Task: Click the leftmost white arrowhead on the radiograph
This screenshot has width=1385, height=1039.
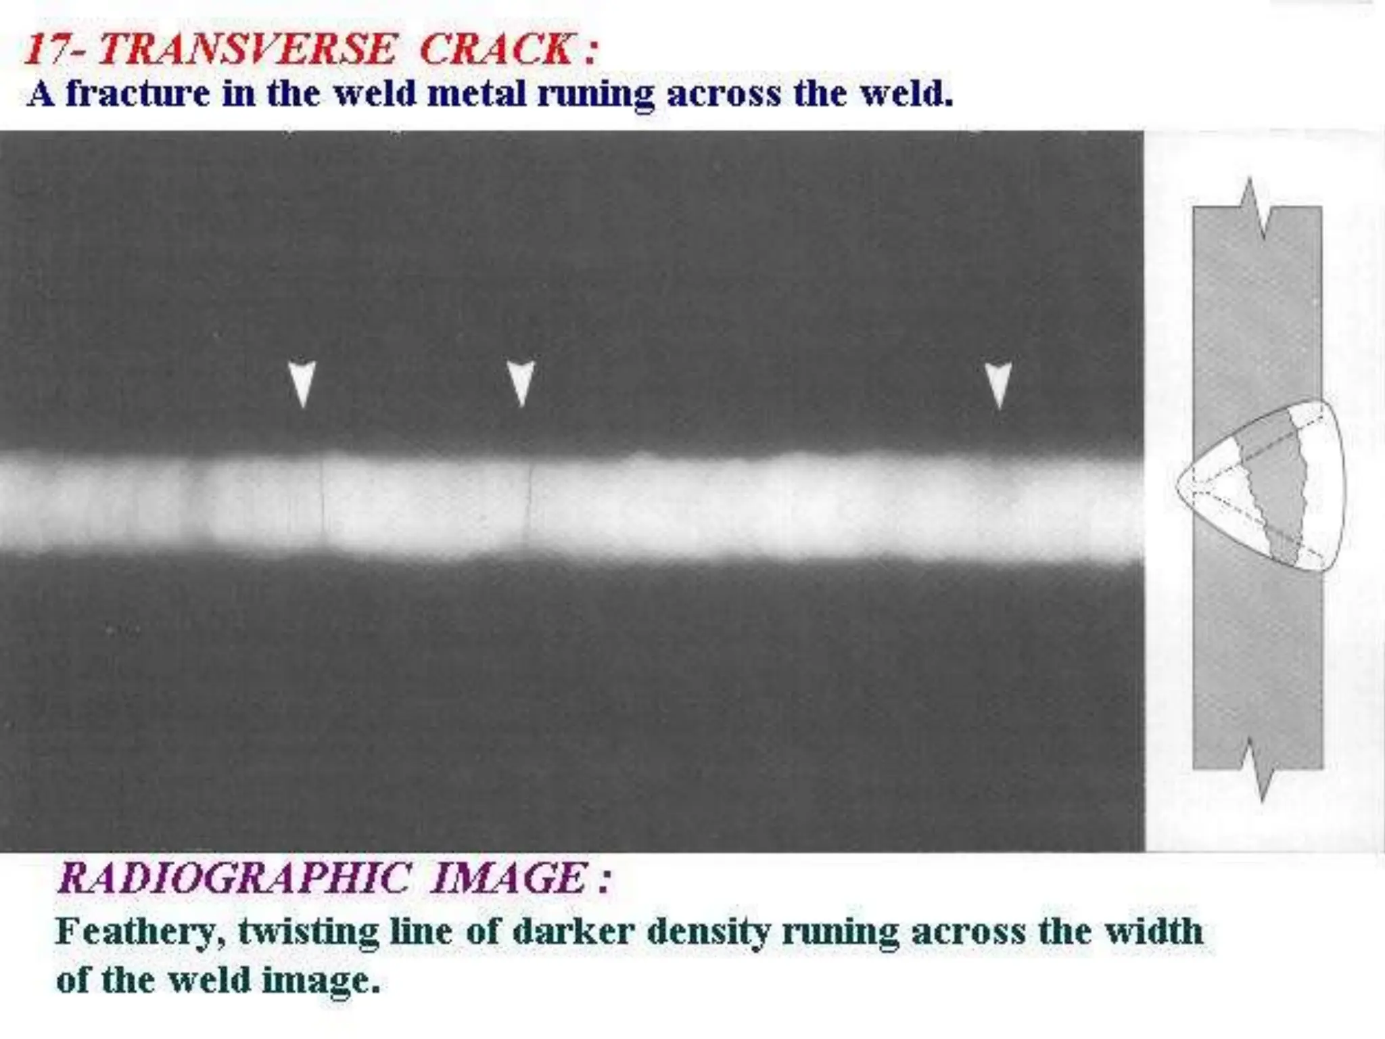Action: [302, 382]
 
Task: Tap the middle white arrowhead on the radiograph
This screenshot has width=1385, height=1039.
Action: [521, 382]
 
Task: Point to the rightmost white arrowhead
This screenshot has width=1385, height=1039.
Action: [998, 384]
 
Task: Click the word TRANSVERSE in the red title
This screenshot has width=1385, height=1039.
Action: [248, 49]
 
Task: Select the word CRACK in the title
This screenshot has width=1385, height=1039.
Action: [498, 49]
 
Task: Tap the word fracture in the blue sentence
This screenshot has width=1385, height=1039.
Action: [138, 93]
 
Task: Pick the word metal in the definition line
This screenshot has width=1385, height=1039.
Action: [477, 93]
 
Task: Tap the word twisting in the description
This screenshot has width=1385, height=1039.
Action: [308, 933]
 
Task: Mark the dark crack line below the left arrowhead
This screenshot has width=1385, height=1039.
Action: [323, 501]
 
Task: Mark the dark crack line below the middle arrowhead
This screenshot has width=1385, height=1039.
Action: [529, 501]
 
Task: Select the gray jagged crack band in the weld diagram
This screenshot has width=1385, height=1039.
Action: [1274, 487]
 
